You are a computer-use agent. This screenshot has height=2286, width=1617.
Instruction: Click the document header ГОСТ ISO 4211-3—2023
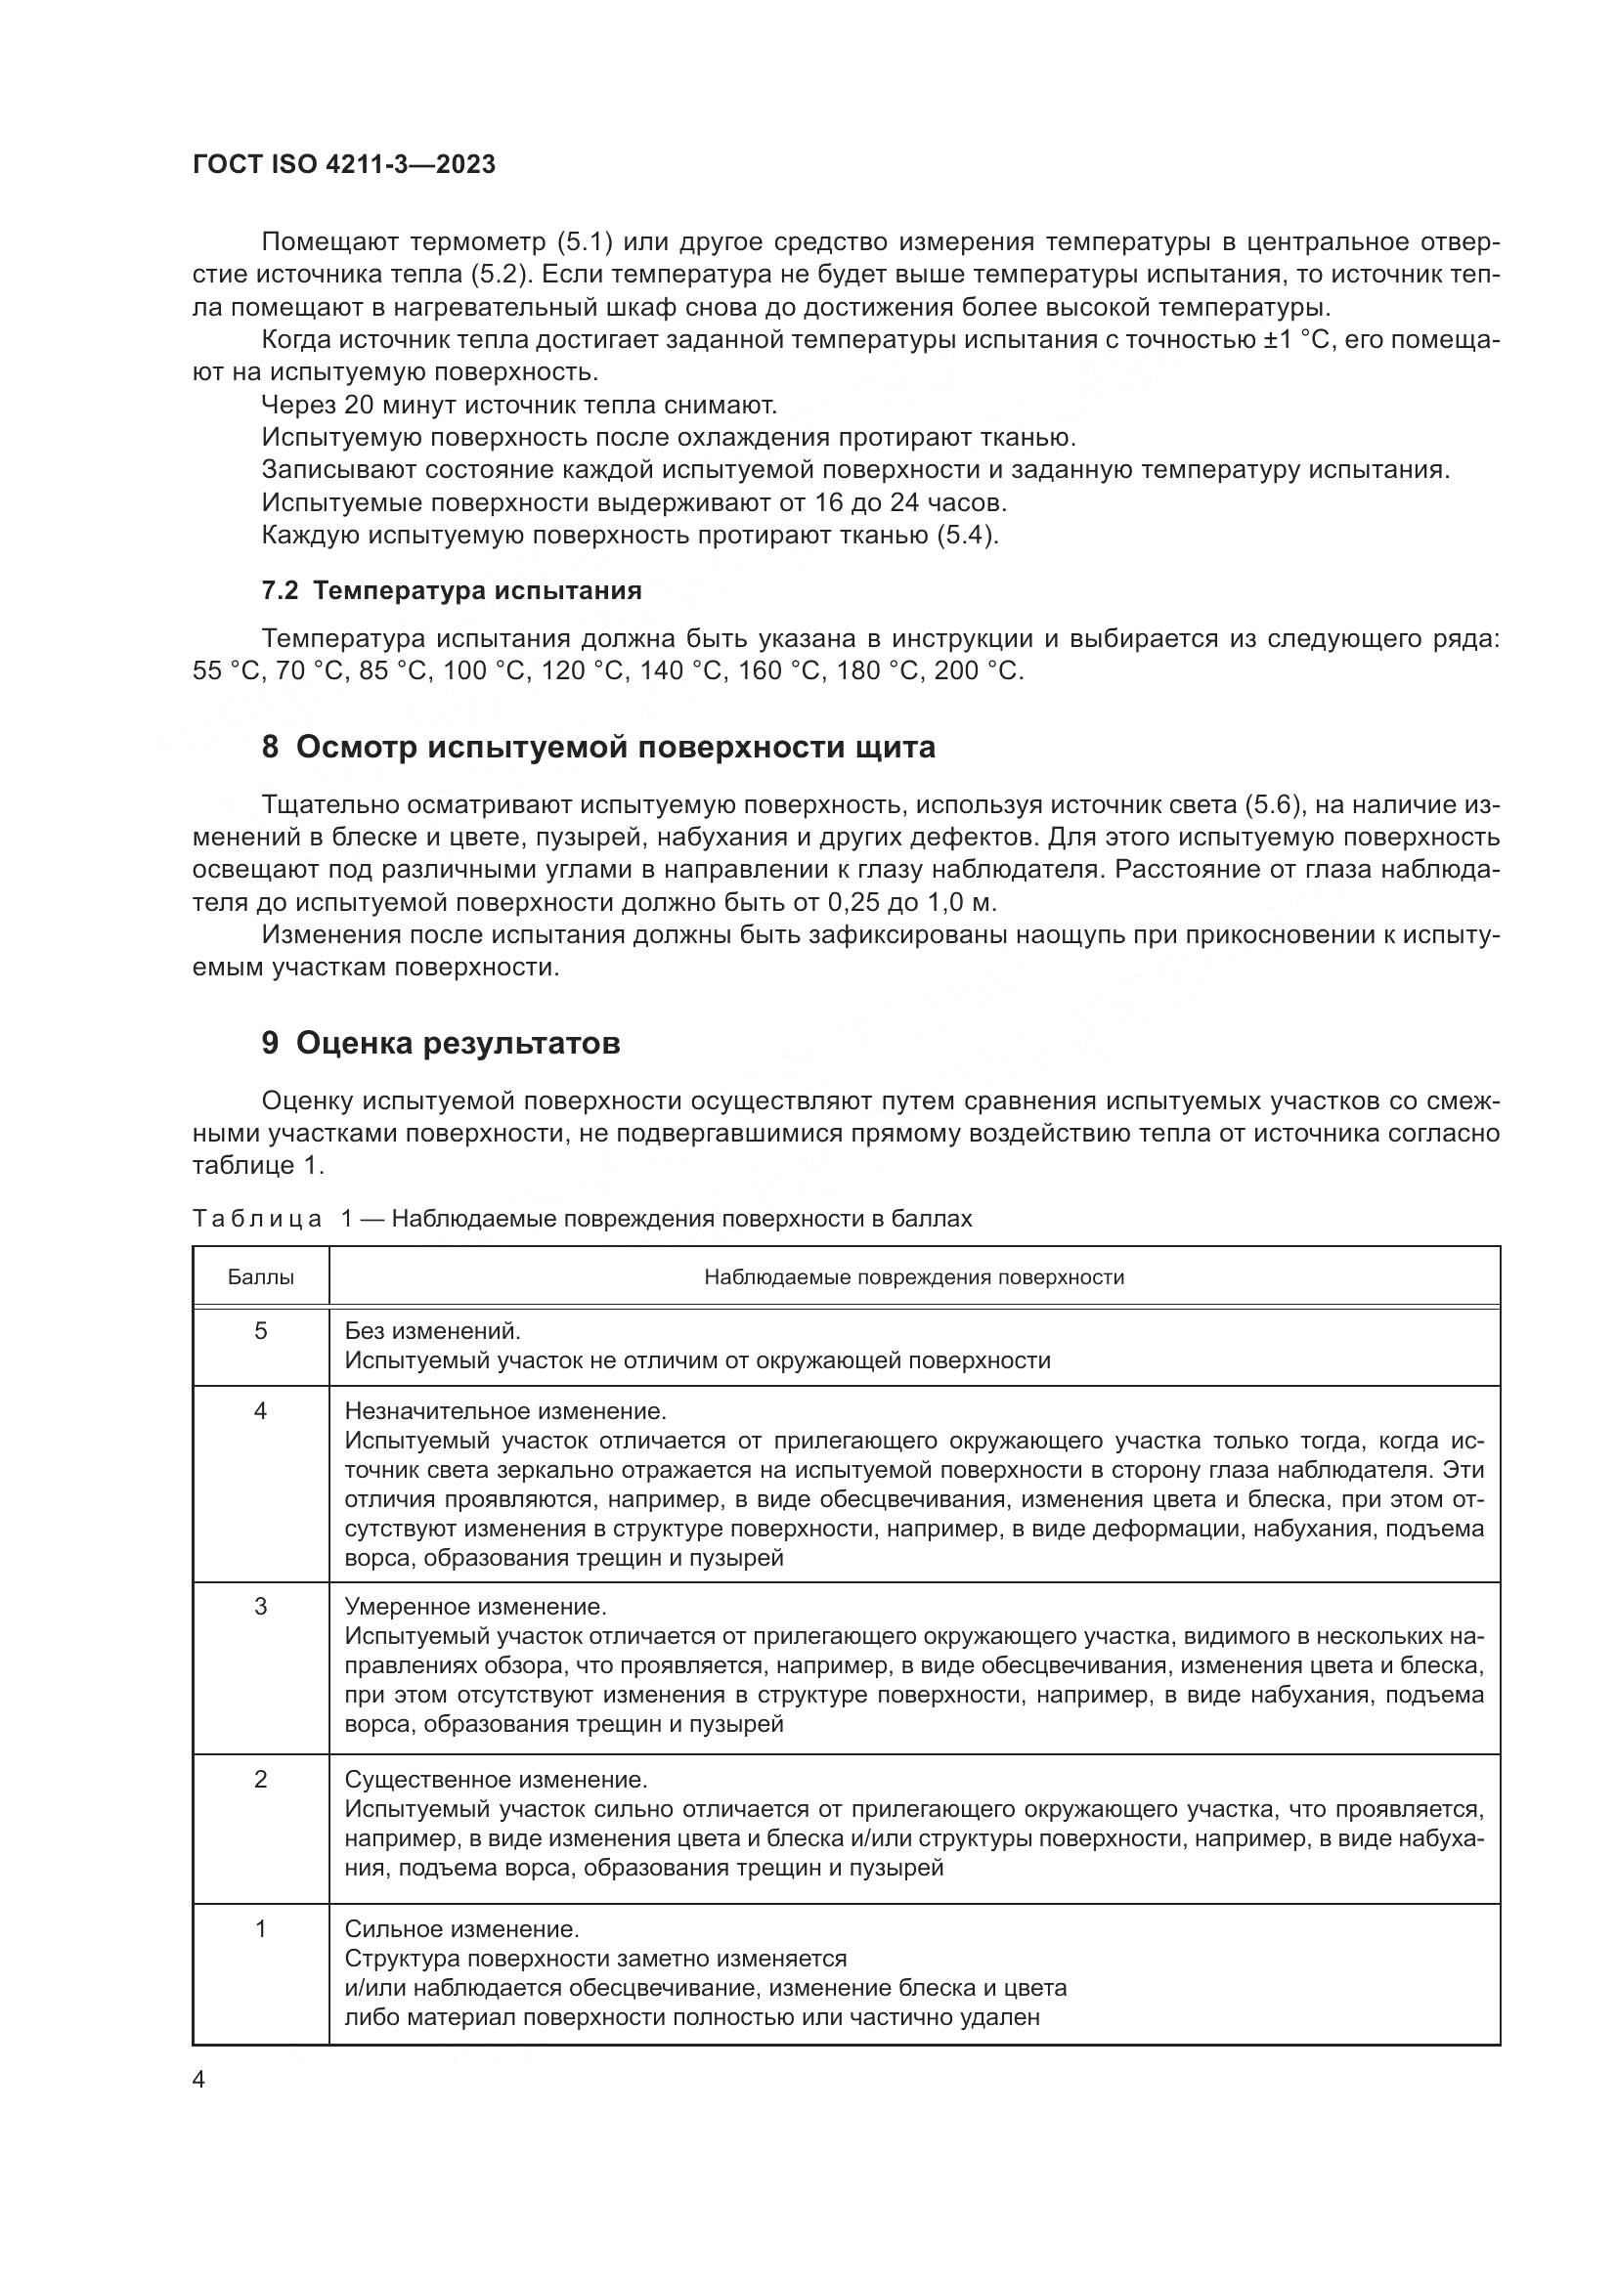(x=343, y=165)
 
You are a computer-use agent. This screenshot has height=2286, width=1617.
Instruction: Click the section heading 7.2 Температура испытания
(x=451, y=590)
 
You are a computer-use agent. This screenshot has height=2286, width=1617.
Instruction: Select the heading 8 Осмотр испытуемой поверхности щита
(x=597, y=747)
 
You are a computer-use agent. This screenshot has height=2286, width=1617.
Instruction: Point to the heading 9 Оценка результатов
(x=440, y=1044)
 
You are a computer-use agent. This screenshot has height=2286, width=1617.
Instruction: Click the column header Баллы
(x=261, y=1277)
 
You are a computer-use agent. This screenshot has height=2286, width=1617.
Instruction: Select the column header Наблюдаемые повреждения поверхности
(x=913, y=1277)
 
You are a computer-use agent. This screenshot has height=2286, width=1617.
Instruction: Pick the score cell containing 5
(x=261, y=1331)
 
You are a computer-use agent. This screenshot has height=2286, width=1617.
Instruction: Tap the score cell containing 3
(x=261, y=1607)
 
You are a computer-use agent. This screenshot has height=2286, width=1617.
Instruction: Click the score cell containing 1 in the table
(x=261, y=1929)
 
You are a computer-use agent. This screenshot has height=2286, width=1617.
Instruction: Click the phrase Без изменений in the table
(x=432, y=1331)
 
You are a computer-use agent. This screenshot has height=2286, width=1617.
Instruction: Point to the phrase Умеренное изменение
(x=475, y=1607)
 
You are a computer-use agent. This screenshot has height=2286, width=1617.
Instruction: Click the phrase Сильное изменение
(x=461, y=1929)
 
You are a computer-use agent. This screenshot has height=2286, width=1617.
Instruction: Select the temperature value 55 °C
(x=226, y=671)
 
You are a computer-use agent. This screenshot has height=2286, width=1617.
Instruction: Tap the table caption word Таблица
(x=257, y=1220)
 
